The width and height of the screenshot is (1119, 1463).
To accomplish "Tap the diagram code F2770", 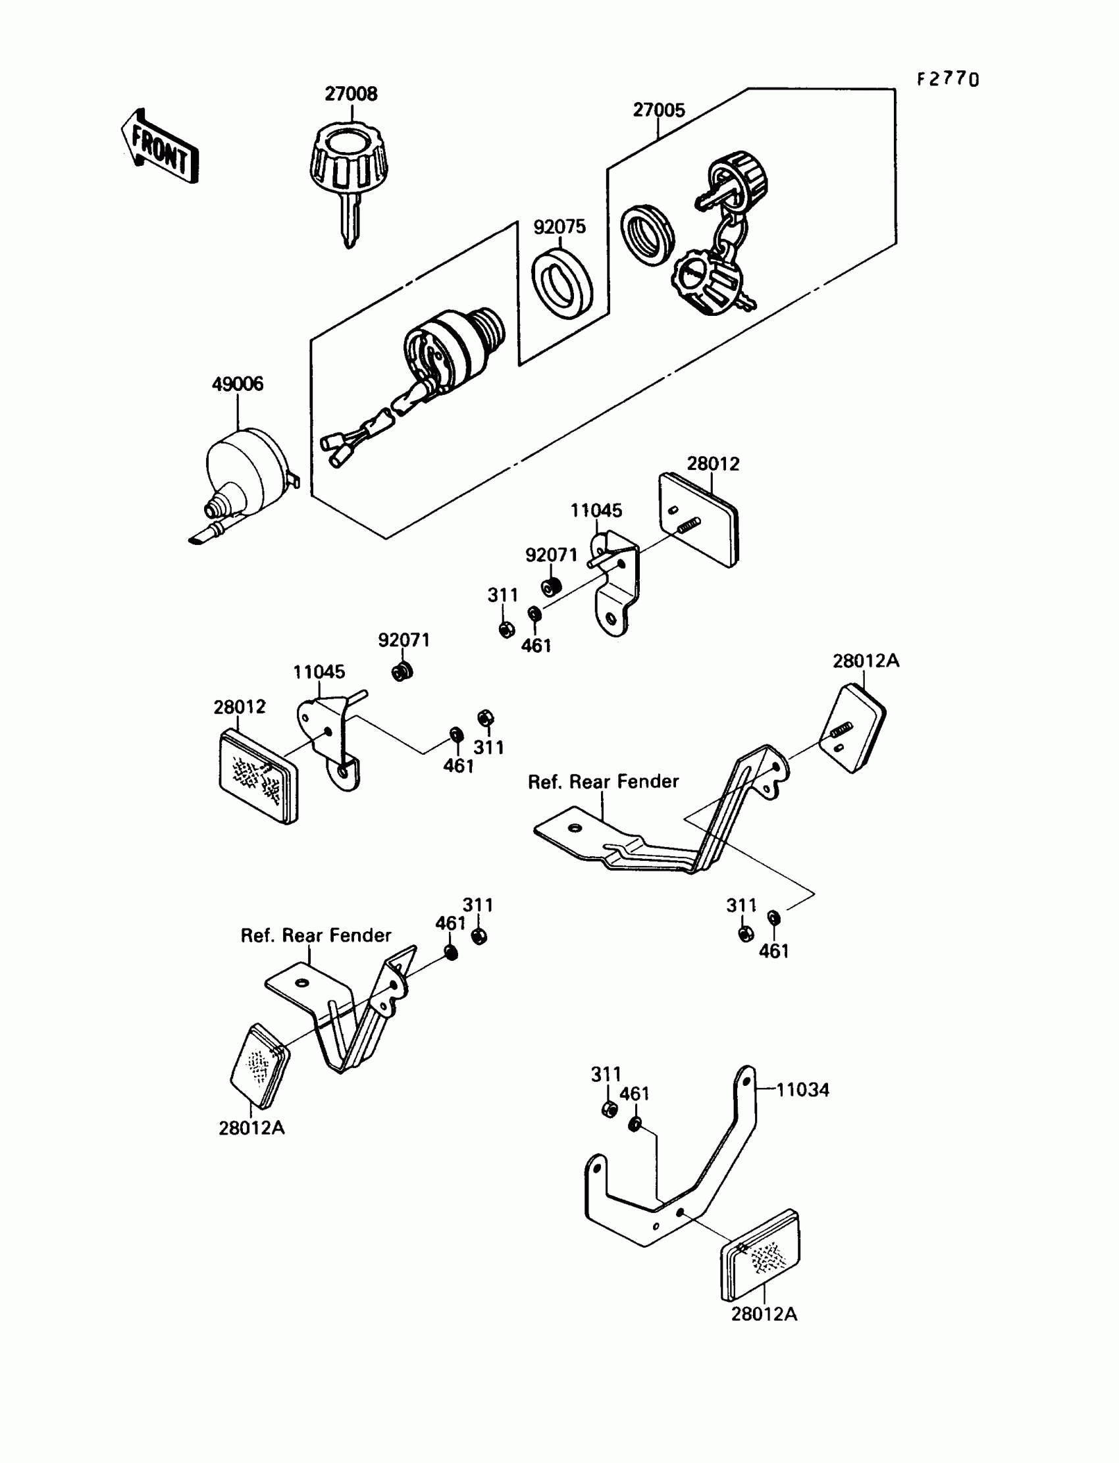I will click(947, 80).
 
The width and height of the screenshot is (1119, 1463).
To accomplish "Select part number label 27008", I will click(351, 94).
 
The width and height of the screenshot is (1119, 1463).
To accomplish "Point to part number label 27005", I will click(659, 110).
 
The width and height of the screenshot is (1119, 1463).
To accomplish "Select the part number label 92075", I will click(559, 226).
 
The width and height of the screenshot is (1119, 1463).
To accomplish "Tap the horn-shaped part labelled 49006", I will click(244, 480).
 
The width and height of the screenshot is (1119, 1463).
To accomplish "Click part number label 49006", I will click(237, 384).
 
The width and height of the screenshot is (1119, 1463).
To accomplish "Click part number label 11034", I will click(802, 1090).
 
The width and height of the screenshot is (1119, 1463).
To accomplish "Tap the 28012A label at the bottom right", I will click(764, 1314).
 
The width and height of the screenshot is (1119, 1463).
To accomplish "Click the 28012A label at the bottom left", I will click(251, 1127).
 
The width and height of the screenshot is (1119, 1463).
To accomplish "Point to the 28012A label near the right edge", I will click(865, 661).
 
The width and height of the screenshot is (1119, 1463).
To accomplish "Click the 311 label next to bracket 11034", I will click(606, 1074).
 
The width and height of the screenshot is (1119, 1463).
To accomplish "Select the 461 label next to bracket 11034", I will click(634, 1093).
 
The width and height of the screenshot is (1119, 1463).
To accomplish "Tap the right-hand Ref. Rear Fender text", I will click(603, 782).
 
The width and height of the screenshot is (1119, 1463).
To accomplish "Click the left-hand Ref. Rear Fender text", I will click(316, 936).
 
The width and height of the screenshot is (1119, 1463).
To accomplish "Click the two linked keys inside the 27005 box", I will click(723, 236).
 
